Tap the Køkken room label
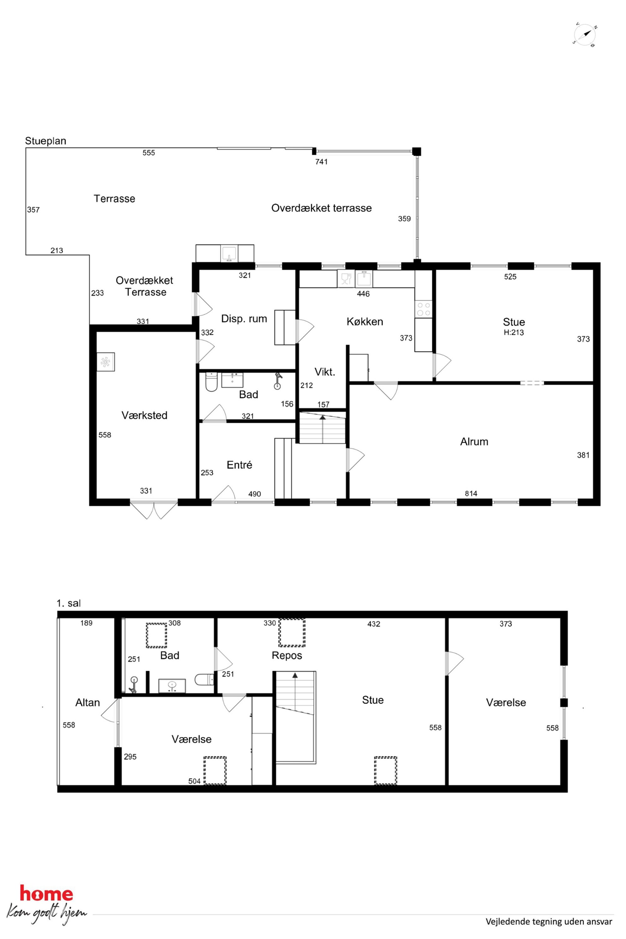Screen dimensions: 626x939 click(364, 322)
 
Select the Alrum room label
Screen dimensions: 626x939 click(474, 441)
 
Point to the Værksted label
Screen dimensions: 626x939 click(144, 415)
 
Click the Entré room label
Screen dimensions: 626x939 click(239, 465)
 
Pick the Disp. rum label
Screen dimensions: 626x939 click(244, 319)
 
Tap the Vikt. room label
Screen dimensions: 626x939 click(325, 372)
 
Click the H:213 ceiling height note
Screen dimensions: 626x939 click(513, 333)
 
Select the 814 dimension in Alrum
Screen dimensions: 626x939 click(471, 493)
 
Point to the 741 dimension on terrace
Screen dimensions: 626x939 click(322, 162)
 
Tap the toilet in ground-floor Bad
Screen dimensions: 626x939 click(211, 382)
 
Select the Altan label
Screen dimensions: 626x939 click(87, 703)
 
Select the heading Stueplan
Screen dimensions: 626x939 click(45, 141)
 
